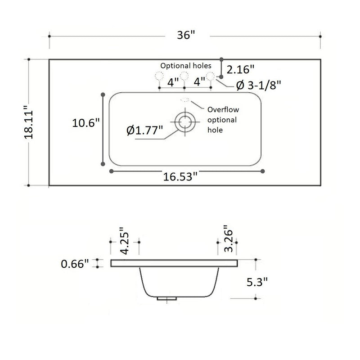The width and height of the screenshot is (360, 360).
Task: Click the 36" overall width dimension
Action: pos(184,36)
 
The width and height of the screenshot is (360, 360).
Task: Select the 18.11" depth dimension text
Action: pos(29,122)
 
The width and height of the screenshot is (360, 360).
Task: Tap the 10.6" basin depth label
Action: pos(85,122)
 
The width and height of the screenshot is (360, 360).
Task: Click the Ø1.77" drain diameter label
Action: pos(145,131)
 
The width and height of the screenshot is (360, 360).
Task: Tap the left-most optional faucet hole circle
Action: pos(159,76)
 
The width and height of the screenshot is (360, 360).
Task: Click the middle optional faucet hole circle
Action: pos(184,76)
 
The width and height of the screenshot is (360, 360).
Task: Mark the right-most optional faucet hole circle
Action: pos(210,76)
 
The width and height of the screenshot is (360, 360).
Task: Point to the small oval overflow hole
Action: pos(184,100)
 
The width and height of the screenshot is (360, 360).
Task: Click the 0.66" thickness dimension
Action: pos(75,264)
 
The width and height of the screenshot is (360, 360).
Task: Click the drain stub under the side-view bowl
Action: pos(166,298)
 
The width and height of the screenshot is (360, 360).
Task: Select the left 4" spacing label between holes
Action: pos(173,82)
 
